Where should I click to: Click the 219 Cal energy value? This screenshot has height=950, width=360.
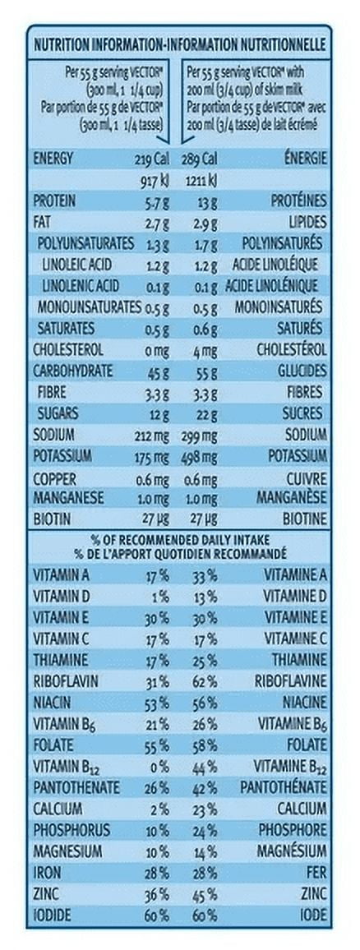tap(152, 160)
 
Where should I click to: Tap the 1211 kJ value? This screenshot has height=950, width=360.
tap(200, 181)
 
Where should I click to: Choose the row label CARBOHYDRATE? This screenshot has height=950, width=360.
tap(72, 371)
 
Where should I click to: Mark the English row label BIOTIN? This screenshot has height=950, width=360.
tap(52, 519)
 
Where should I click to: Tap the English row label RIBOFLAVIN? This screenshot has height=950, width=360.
tap(66, 681)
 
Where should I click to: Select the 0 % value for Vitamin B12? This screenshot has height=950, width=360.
tap(159, 767)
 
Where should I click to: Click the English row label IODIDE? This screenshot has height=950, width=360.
tap(52, 915)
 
